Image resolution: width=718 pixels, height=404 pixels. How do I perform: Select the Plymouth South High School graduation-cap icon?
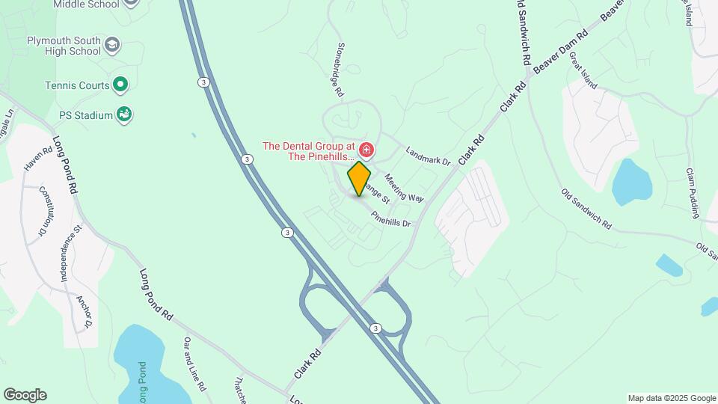pyautogui.click(x=112, y=45)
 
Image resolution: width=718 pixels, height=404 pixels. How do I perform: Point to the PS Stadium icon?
pyautogui.click(x=124, y=115)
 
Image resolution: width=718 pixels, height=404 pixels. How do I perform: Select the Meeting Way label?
pyautogui.click(x=404, y=188)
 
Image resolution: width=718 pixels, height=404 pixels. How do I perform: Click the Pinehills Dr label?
pyautogui.click(x=391, y=218)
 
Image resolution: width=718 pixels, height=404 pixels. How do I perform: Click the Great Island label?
pyautogui.click(x=583, y=70)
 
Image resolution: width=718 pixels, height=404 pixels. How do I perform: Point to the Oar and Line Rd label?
pyautogui.click(x=194, y=364)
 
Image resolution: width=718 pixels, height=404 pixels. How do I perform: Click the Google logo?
pyautogui.click(x=25, y=395)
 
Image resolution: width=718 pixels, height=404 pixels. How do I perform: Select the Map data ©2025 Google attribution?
pyautogui.click(x=671, y=398)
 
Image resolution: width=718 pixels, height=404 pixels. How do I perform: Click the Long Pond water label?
pyautogui.click(x=143, y=382)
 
